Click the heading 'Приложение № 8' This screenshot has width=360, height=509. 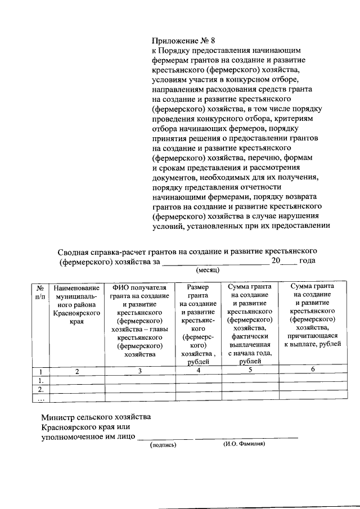[183, 40]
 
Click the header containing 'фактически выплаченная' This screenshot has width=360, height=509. [250, 324]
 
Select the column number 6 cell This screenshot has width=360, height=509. [312, 369]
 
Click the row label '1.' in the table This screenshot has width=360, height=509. [40, 380]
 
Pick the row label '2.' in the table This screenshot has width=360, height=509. [40, 389]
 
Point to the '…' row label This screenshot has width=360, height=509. [40, 398]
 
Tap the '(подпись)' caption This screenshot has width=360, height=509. [163, 444]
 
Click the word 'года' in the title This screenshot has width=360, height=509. [307, 261]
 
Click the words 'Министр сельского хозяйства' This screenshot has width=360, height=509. [96, 417]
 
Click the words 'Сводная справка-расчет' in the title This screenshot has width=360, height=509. [103, 250]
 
